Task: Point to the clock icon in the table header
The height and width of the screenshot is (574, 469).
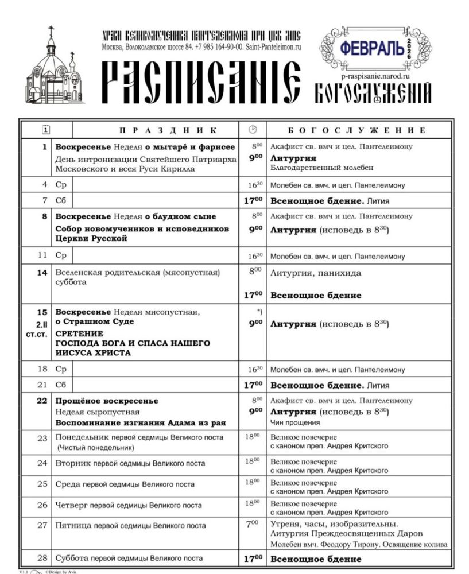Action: (x=253, y=129)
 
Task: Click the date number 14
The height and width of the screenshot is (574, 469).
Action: (x=42, y=273)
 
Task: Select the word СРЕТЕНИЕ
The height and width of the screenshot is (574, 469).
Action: (x=79, y=333)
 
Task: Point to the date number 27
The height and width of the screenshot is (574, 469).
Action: (x=42, y=525)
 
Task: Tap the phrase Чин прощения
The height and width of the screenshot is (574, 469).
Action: (x=295, y=422)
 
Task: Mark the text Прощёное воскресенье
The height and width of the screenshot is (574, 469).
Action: (x=107, y=401)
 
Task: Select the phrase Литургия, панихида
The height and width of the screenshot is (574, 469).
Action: (x=316, y=273)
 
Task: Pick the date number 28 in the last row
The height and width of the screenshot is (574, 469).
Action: (x=42, y=558)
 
